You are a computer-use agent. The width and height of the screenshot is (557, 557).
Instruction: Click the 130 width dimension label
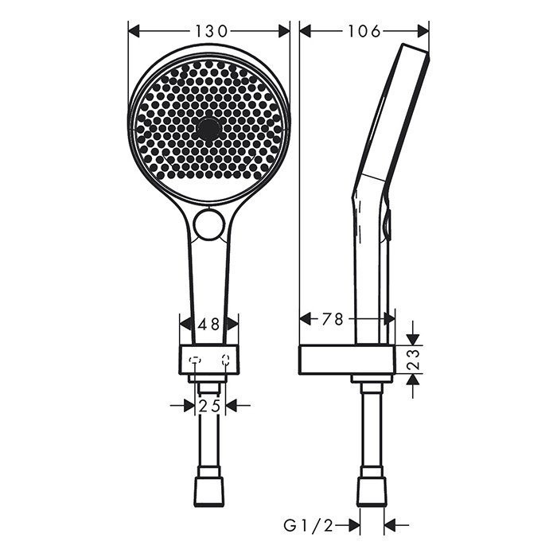[209, 31]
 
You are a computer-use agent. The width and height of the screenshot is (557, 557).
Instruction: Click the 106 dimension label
[364, 31]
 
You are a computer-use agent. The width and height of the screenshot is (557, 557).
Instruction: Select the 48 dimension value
[209, 324]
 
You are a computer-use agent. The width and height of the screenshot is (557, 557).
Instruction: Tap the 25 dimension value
[209, 406]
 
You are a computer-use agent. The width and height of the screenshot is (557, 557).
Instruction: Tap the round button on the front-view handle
[210, 225]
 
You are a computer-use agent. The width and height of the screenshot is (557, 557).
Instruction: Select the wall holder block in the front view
[209, 360]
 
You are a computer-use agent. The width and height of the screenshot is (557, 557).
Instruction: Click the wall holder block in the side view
[347, 360]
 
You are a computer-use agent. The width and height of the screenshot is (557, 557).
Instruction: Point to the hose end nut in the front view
[209, 492]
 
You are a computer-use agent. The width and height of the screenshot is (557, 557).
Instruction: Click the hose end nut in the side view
[372, 492]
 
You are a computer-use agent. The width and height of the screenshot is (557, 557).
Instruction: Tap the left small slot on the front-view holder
[193, 360]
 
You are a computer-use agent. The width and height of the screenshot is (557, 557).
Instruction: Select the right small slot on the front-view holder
[227, 360]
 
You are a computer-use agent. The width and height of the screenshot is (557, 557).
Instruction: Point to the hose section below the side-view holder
[372, 430]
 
